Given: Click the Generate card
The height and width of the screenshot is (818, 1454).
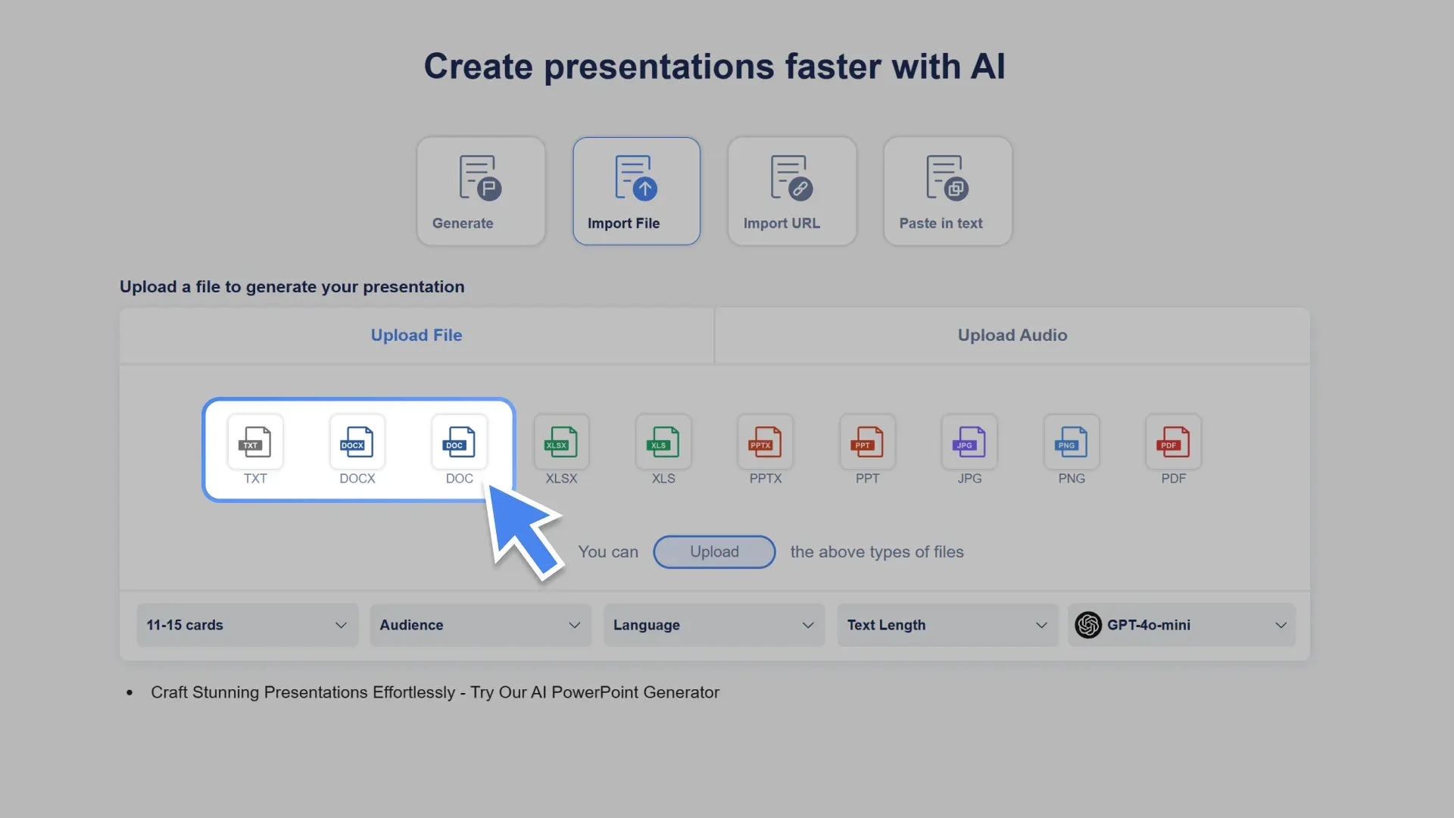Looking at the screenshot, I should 481,191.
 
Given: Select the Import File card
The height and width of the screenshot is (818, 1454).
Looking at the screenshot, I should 636,191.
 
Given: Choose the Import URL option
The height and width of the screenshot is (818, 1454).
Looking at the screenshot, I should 792,191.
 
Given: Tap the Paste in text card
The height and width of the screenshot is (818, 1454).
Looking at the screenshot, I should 947,191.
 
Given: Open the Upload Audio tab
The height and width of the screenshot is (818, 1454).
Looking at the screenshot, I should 1012,336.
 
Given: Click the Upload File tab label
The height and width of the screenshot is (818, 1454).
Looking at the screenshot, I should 417,336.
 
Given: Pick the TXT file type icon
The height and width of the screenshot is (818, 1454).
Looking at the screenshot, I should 255,442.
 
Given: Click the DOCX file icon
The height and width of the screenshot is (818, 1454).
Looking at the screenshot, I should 357,442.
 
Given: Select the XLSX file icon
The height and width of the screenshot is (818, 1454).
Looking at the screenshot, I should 561,442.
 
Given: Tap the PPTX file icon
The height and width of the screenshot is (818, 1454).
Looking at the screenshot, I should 766,442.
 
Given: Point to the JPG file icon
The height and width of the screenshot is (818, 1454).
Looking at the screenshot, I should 969,442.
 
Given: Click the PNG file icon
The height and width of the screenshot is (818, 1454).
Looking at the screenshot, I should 1072,442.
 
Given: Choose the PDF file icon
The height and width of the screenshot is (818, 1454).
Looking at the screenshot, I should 1174,442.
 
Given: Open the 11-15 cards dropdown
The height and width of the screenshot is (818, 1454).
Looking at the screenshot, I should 247,625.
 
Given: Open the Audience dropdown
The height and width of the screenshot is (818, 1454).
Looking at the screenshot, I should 480,625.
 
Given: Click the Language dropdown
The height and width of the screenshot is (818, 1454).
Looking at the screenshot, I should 714,625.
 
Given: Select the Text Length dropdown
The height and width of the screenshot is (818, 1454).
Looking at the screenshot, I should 947,625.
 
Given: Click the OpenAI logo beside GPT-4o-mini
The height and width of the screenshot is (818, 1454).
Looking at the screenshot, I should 1088,625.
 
